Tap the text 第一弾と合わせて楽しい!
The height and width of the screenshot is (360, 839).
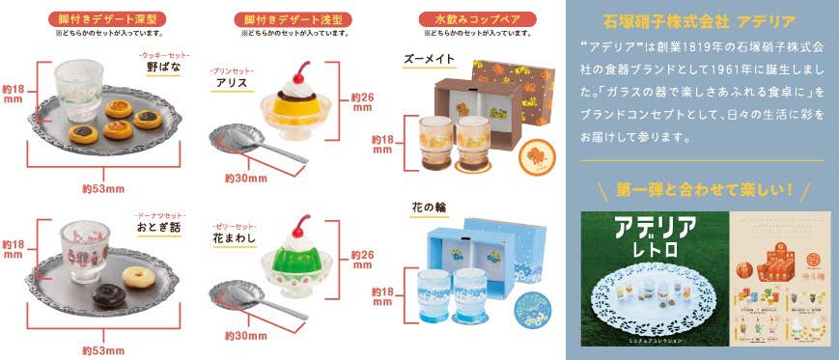pyautogui.click(x=702, y=188)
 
